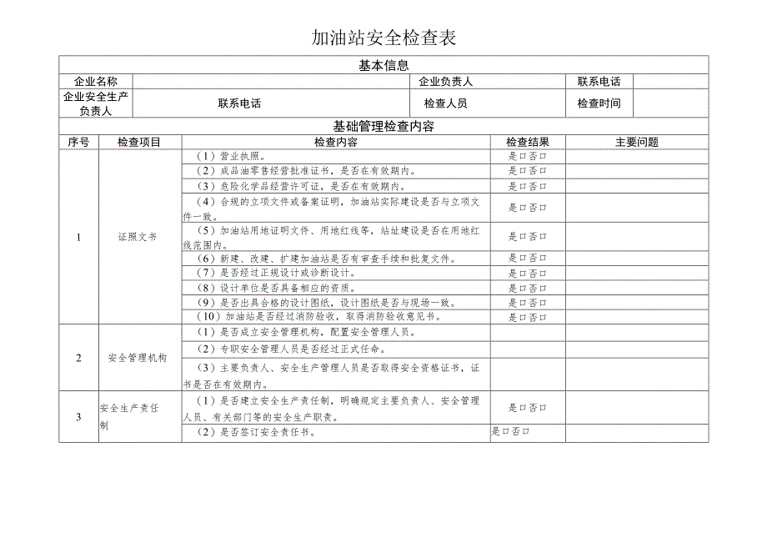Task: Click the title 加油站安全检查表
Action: (383, 38)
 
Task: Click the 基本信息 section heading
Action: (383, 64)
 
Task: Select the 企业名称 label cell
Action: (96, 82)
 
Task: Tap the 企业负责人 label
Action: (445, 82)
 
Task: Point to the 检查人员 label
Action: (445, 103)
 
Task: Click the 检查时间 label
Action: (599, 103)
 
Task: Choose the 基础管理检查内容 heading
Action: (383, 126)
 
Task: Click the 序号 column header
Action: (78, 142)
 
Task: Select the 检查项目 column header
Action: (139, 142)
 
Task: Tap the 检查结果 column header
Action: (528, 142)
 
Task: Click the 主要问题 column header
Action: (637, 142)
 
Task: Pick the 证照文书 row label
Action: (138, 237)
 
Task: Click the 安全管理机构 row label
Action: (138, 358)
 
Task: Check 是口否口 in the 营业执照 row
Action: (528, 156)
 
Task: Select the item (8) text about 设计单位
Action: (294, 287)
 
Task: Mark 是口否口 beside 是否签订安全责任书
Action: (511, 432)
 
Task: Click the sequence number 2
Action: (78, 358)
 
